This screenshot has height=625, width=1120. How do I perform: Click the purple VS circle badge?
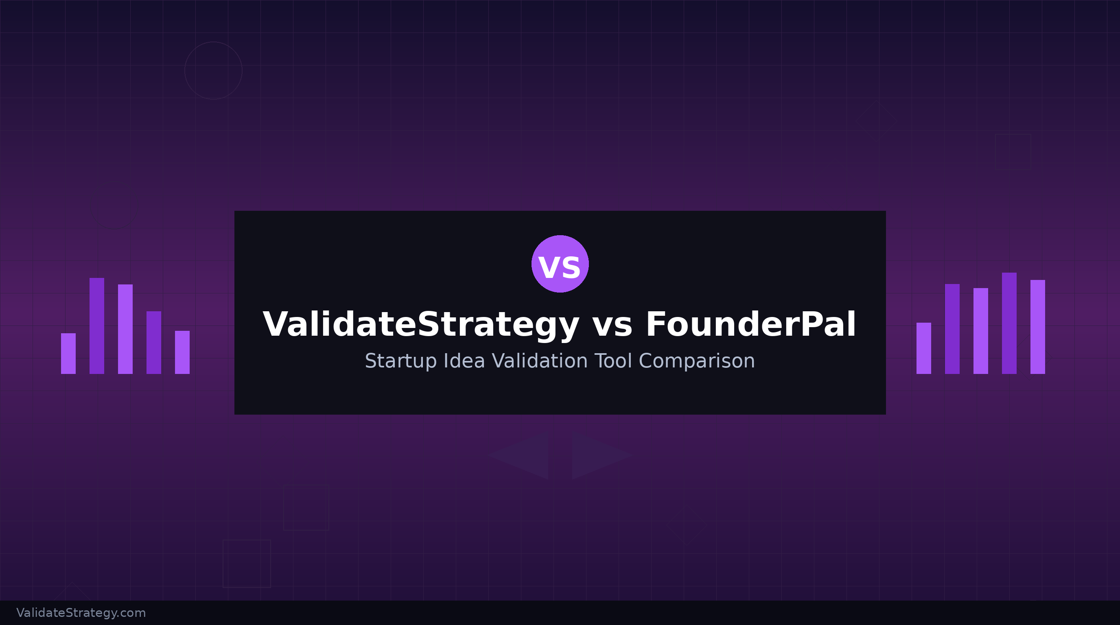[560, 264]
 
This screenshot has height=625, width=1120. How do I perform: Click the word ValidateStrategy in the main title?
[421, 325]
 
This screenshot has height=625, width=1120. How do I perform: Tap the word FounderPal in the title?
[750, 325]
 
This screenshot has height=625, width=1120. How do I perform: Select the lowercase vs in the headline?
[612, 326]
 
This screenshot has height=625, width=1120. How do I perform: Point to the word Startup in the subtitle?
[400, 361]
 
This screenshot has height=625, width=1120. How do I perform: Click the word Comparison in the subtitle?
[696, 361]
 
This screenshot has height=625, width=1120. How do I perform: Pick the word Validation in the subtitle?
[540, 361]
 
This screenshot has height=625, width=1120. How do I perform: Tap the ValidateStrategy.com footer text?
[81, 613]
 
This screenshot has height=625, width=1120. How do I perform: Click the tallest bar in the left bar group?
[96, 326]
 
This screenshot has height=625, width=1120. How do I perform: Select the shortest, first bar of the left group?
[68, 353]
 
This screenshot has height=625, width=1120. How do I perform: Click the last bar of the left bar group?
[182, 352]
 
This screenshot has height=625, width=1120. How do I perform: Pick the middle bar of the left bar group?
[125, 329]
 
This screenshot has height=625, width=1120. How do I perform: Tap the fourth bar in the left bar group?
[153, 343]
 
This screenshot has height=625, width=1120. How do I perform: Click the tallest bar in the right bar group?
[1009, 323]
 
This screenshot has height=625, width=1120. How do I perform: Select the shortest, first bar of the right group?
[923, 348]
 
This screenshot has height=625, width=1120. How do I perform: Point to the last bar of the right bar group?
[1037, 327]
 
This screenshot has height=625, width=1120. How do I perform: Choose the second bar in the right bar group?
[952, 329]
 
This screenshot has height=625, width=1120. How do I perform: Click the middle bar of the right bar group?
[980, 331]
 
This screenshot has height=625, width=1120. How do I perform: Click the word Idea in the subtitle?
[464, 361]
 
